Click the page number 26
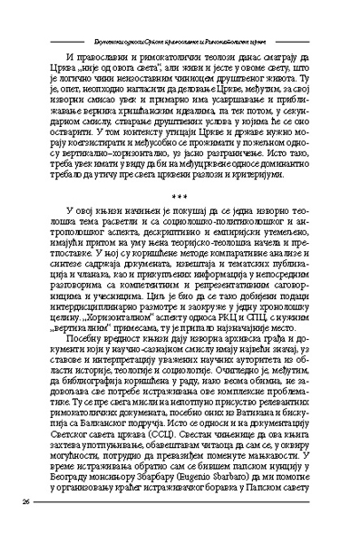pos(26,501)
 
